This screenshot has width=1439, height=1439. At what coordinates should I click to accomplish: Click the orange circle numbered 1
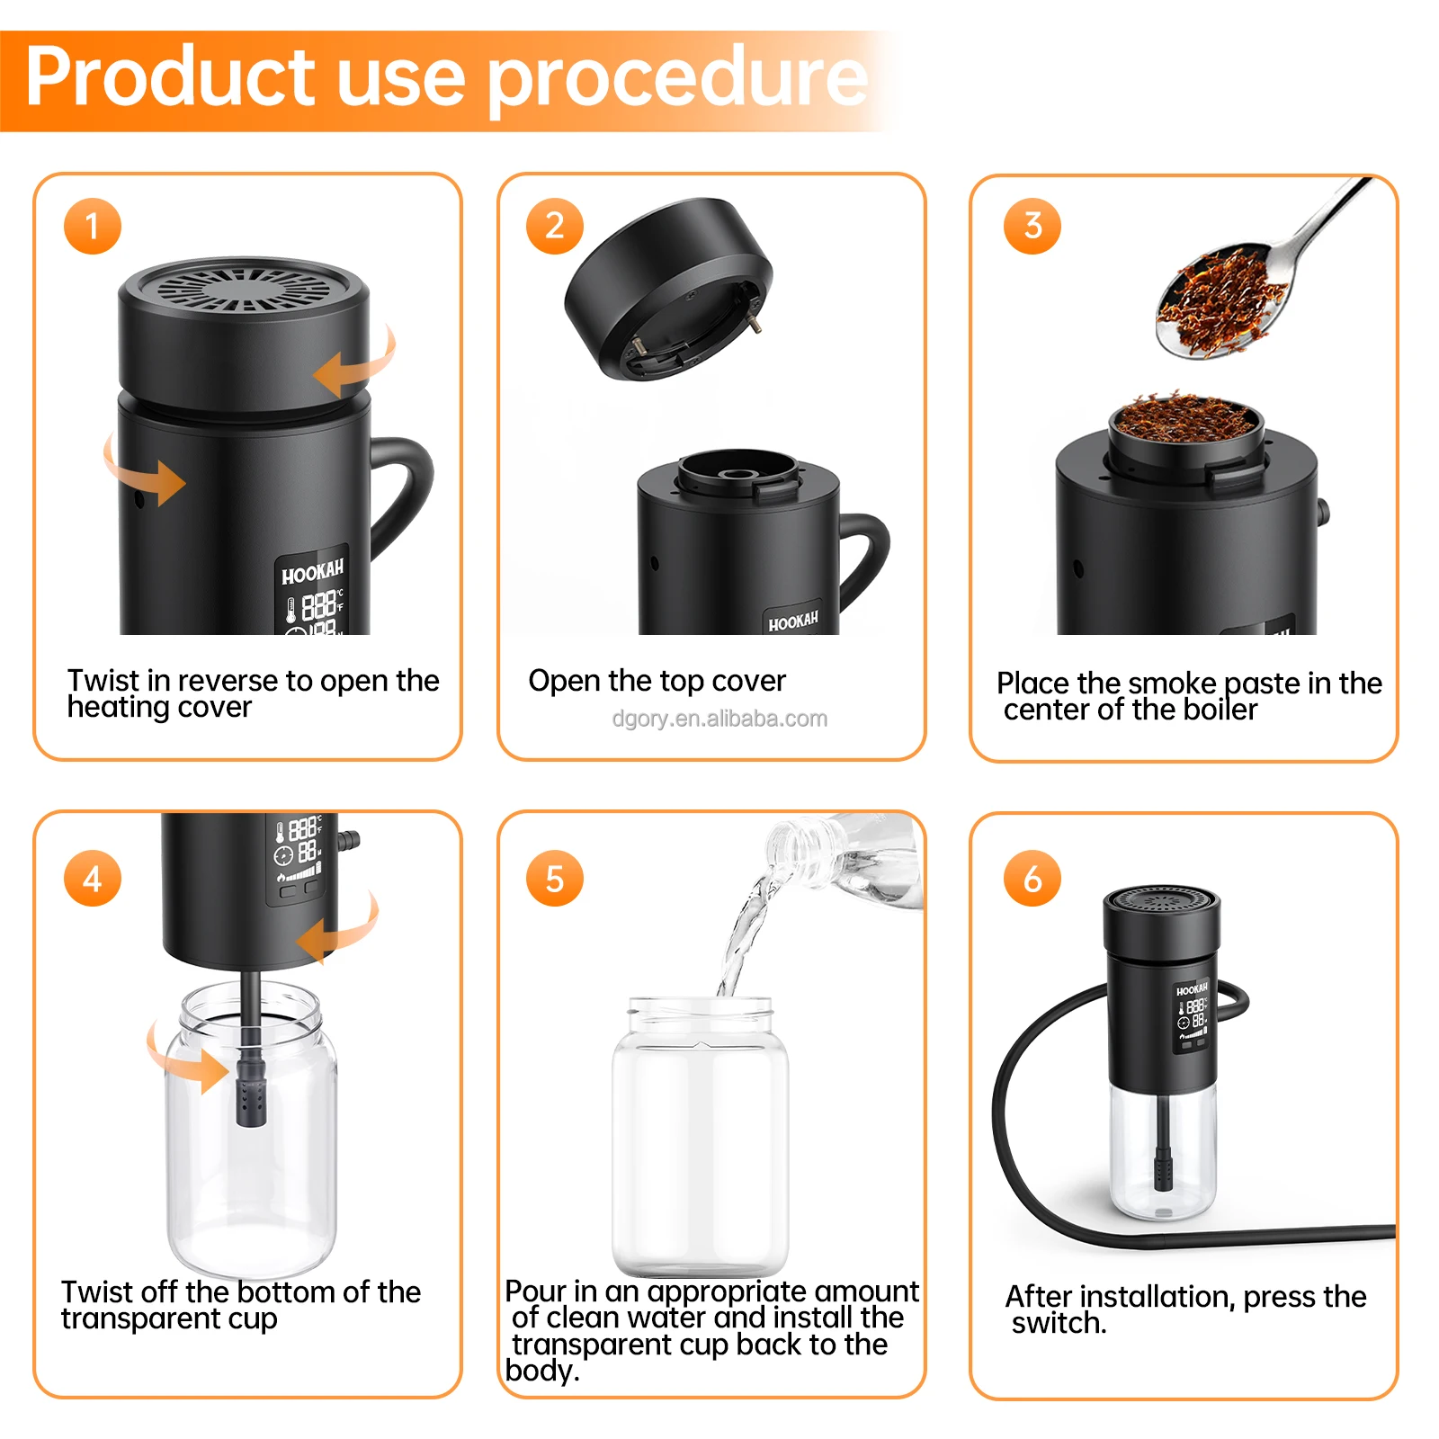(92, 226)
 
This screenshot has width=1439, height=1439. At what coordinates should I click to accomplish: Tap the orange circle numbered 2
(554, 226)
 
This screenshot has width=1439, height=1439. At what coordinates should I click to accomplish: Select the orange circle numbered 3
(1032, 226)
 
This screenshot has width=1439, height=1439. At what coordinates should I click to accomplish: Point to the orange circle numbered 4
(92, 878)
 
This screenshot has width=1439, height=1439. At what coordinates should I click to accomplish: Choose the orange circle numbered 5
(554, 878)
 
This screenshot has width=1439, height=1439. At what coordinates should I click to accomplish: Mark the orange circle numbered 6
(1032, 878)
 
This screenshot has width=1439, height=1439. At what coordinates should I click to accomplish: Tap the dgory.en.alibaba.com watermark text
(719, 719)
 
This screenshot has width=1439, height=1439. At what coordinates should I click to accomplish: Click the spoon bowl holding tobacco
(1219, 301)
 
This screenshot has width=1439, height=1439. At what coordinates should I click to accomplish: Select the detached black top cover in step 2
(667, 288)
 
